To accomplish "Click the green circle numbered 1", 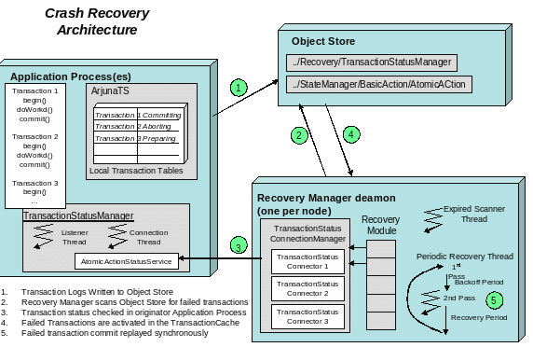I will click(x=239, y=88).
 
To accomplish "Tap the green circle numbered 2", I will click(x=298, y=135).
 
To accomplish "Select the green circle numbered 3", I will click(x=239, y=246).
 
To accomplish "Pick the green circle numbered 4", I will click(x=350, y=135).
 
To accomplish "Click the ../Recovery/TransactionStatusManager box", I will click(x=371, y=62).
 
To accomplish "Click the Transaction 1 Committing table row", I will click(x=139, y=114).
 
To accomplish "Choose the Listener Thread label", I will click(x=75, y=236).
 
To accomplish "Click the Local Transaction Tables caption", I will click(x=132, y=171).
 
